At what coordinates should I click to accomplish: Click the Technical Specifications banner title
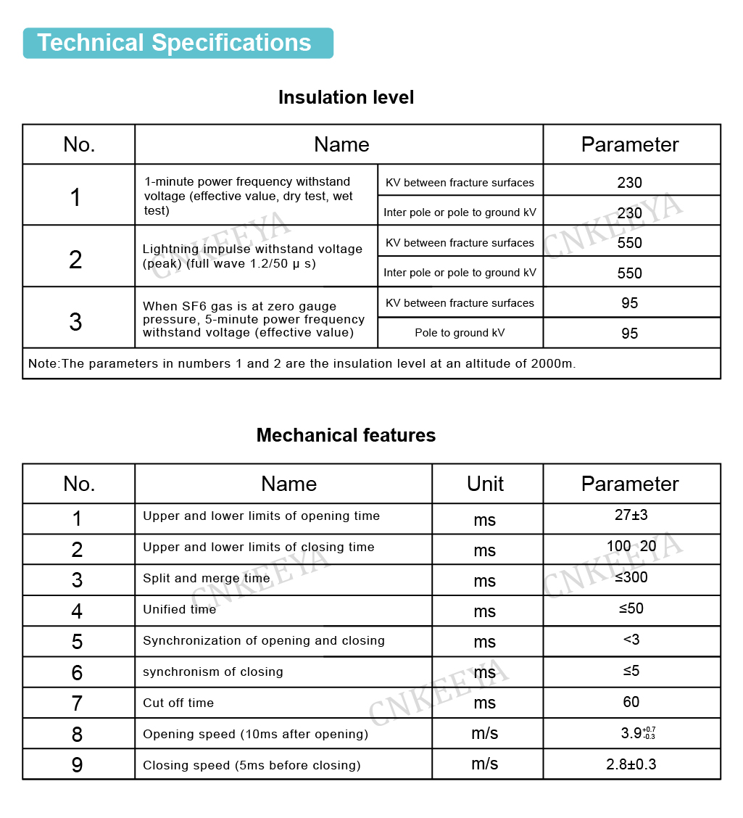[174, 43]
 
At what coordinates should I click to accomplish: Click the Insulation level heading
[346, 97]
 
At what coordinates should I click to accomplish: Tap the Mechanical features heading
[346, 435]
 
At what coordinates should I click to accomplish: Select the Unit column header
[485, 484]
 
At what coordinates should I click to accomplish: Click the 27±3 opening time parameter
[631, 516]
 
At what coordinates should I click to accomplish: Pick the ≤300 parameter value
[631, 577]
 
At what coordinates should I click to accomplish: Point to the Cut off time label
[178, 703]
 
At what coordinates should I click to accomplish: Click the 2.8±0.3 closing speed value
[631, 764]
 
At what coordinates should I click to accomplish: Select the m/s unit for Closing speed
[485, 764]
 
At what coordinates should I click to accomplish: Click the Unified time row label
[179, 609]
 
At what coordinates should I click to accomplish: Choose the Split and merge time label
[206, 578]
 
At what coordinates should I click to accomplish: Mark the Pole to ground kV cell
[460, 333]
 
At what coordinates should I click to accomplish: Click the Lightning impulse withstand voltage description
[252, 256]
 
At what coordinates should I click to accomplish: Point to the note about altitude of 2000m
[302, 363]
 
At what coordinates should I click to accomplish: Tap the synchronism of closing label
[212, 672]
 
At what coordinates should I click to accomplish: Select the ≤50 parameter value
[631, 608]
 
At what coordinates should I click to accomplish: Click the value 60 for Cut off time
[631, 702]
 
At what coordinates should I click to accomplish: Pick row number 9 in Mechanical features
[77, 764]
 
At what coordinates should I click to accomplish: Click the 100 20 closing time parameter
[631, 546]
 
